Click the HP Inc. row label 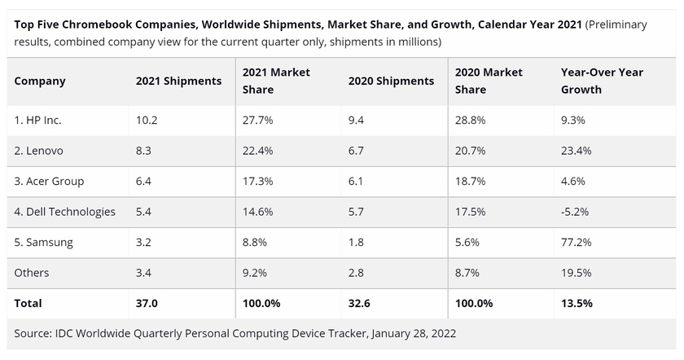click(38, 120)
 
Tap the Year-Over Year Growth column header click(602, 81)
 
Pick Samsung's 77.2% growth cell click(576, 242)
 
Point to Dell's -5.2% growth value click(575, 212)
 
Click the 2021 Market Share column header click(276, 81)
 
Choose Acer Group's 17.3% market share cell click(257, 181)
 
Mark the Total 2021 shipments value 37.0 click(147, 303)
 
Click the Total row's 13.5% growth click(577, 303)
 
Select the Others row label click(32, 273)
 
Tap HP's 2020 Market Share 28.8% click(471, 120)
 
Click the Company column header click(40, 81)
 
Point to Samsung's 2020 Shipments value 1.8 click(356, 242)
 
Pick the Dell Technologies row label click(65, 212)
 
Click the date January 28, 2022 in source click(414, 333)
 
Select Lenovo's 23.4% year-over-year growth click(577, 151)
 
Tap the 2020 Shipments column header click(391, 81)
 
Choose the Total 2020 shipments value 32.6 click(359, 303)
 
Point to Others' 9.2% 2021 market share click(256, 273)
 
